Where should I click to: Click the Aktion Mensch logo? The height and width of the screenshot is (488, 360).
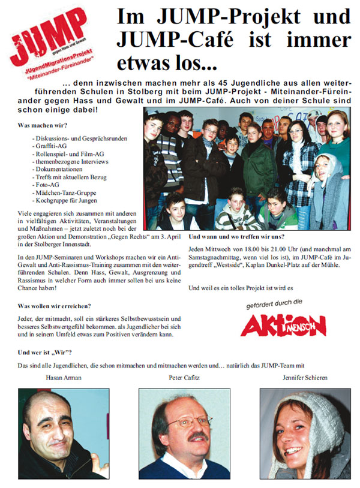click(x=283, y=324)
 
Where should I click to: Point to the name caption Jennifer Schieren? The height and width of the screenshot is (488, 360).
click(x=305, y=378)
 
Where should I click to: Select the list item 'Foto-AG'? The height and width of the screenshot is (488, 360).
click(x=45, y=185)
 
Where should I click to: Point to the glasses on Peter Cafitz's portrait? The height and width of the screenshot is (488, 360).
click(x=182, y=423)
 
